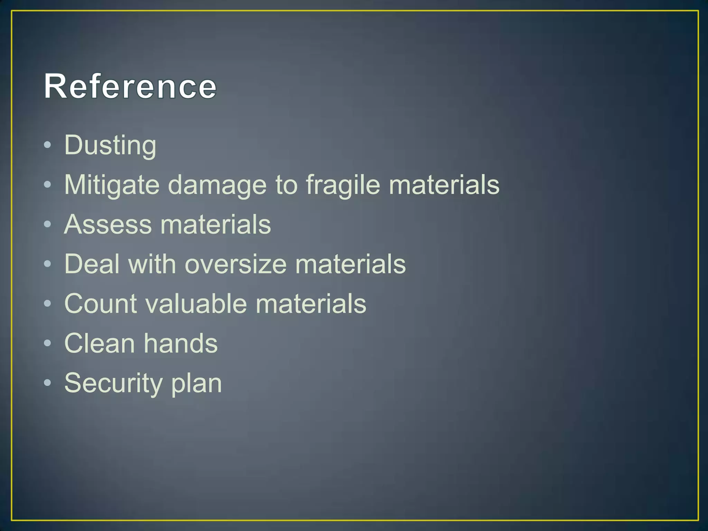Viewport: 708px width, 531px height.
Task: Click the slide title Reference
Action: point(130,86)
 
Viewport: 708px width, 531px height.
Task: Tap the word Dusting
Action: point(110,145)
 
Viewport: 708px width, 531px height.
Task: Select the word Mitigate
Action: point(112,185)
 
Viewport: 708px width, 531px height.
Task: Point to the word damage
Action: point(217,185)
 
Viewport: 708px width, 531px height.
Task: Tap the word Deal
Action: point(92,264)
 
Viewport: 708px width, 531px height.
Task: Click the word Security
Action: point(113,383)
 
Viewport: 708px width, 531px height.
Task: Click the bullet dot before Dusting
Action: point(48,145)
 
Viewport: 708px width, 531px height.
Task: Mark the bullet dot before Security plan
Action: point(48,383)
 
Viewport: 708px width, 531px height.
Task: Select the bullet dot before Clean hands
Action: point(48,343)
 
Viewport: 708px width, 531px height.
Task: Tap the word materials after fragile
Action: point(444,185)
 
